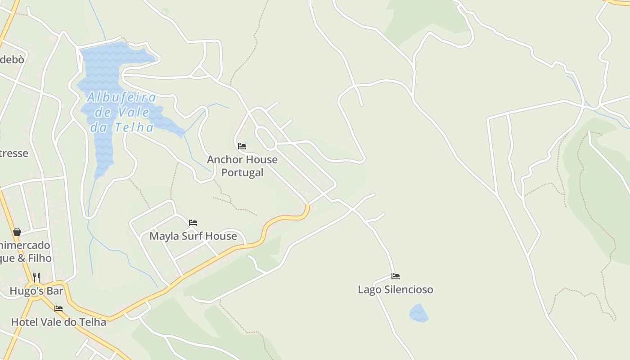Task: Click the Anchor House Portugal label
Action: pos(242,166)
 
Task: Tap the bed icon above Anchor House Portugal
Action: pos(242,146)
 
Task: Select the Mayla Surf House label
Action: pos(193,236)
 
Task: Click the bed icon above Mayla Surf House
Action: pos(193,223)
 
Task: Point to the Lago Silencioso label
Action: pos(396,289)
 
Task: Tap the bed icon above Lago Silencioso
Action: pos(396,276)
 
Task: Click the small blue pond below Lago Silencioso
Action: pos(418,314)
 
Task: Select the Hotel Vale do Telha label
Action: pos(58,322)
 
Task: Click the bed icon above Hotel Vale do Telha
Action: pos(58,309)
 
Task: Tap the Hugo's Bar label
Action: pos(36,291)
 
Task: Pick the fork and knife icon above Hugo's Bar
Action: pos(36,277)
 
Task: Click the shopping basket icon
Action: pos(17,232)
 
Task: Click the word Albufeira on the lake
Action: pos(122,97)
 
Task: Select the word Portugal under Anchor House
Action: pos(242,172)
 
